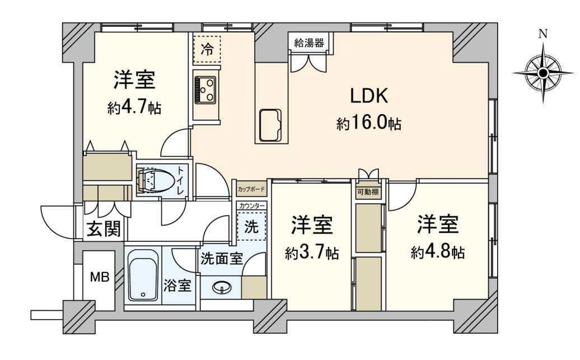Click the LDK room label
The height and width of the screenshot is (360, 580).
tap(369, 96)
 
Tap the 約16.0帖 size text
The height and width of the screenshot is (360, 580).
tap(368, 124)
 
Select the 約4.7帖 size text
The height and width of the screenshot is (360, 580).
tap(134, 107)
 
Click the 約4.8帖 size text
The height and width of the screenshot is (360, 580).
tap(437, 253)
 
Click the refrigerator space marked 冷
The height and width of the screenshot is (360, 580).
tap(207, 49)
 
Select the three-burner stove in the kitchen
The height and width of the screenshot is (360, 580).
tap(206, 89)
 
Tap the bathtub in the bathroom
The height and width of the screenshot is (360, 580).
tap(143, 275)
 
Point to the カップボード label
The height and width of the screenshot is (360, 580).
tap(251, 189)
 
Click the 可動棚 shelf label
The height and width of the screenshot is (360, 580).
tap(368, 192)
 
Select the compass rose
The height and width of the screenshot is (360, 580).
tap(542, 73)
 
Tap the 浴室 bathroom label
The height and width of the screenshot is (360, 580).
tap(179, 286)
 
